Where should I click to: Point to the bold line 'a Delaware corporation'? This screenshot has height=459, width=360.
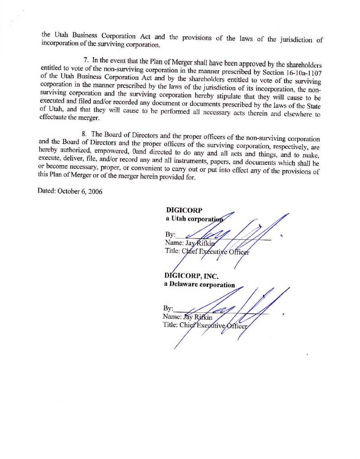pyautogui.click(x=199, y=285)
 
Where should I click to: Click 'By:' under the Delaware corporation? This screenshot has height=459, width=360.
pyautogui.click(x=168, y=308)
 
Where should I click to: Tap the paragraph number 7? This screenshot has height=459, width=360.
pyautogui.click(x=86, y=60)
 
